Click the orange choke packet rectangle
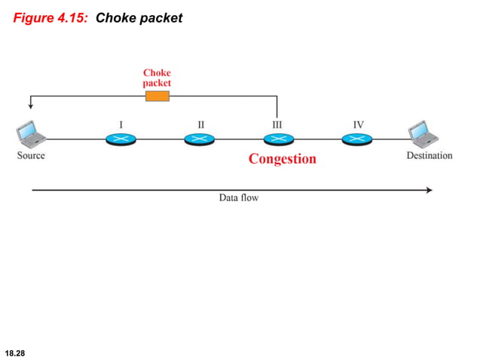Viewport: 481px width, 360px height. tap(157, 96)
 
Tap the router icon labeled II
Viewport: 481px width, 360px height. tap(199, 139)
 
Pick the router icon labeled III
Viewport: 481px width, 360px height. tap(277, 139)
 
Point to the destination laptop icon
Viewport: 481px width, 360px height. tap(422, 135)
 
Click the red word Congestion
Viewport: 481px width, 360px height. tap(283, 159)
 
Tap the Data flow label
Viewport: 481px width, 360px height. tap(238, 198)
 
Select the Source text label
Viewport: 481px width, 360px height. tap(31, 156)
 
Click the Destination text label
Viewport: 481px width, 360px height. tap(429, 156)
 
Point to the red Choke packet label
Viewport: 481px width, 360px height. tap(157, 78)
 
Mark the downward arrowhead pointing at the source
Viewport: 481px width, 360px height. tap(30, 106)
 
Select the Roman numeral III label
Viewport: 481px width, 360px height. tap(277, 123)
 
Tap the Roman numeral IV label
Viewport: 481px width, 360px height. tap(358, 123)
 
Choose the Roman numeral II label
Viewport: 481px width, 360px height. tap(201, 123)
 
